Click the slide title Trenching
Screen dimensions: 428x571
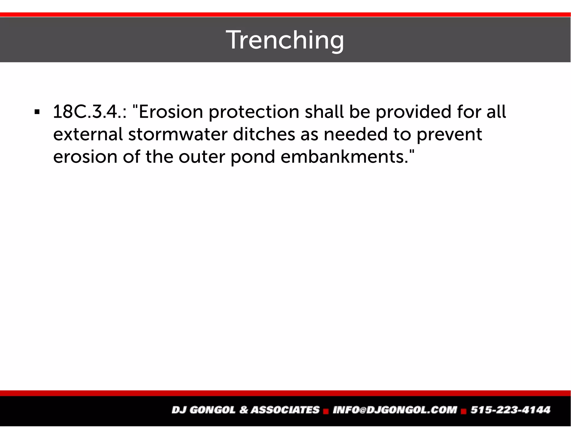pos(285,40)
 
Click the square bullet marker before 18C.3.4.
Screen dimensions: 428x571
pos(37,113)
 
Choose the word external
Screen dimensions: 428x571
pos(88,135)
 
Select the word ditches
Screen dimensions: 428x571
pos(264,134)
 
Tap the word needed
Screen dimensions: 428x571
pos(356,134)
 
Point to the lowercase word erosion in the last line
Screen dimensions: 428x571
pos(85,157)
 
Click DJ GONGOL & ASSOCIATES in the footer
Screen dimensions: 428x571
pos(245,410)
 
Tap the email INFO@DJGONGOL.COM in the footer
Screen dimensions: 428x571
pos(395,410)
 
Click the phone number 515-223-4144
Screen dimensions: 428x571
pos(510,410)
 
